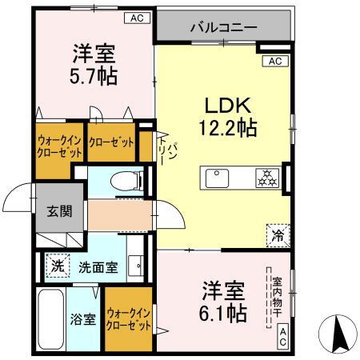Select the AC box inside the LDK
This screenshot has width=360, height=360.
[274, 61]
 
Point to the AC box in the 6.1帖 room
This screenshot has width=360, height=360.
[283, 342]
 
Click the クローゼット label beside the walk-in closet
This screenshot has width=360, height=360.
[110, 142]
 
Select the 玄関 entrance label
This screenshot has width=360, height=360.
[58, 211]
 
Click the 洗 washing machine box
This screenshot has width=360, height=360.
[57, 266]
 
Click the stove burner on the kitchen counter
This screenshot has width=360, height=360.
[266, 178]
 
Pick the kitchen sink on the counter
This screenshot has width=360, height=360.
[218, 178]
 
